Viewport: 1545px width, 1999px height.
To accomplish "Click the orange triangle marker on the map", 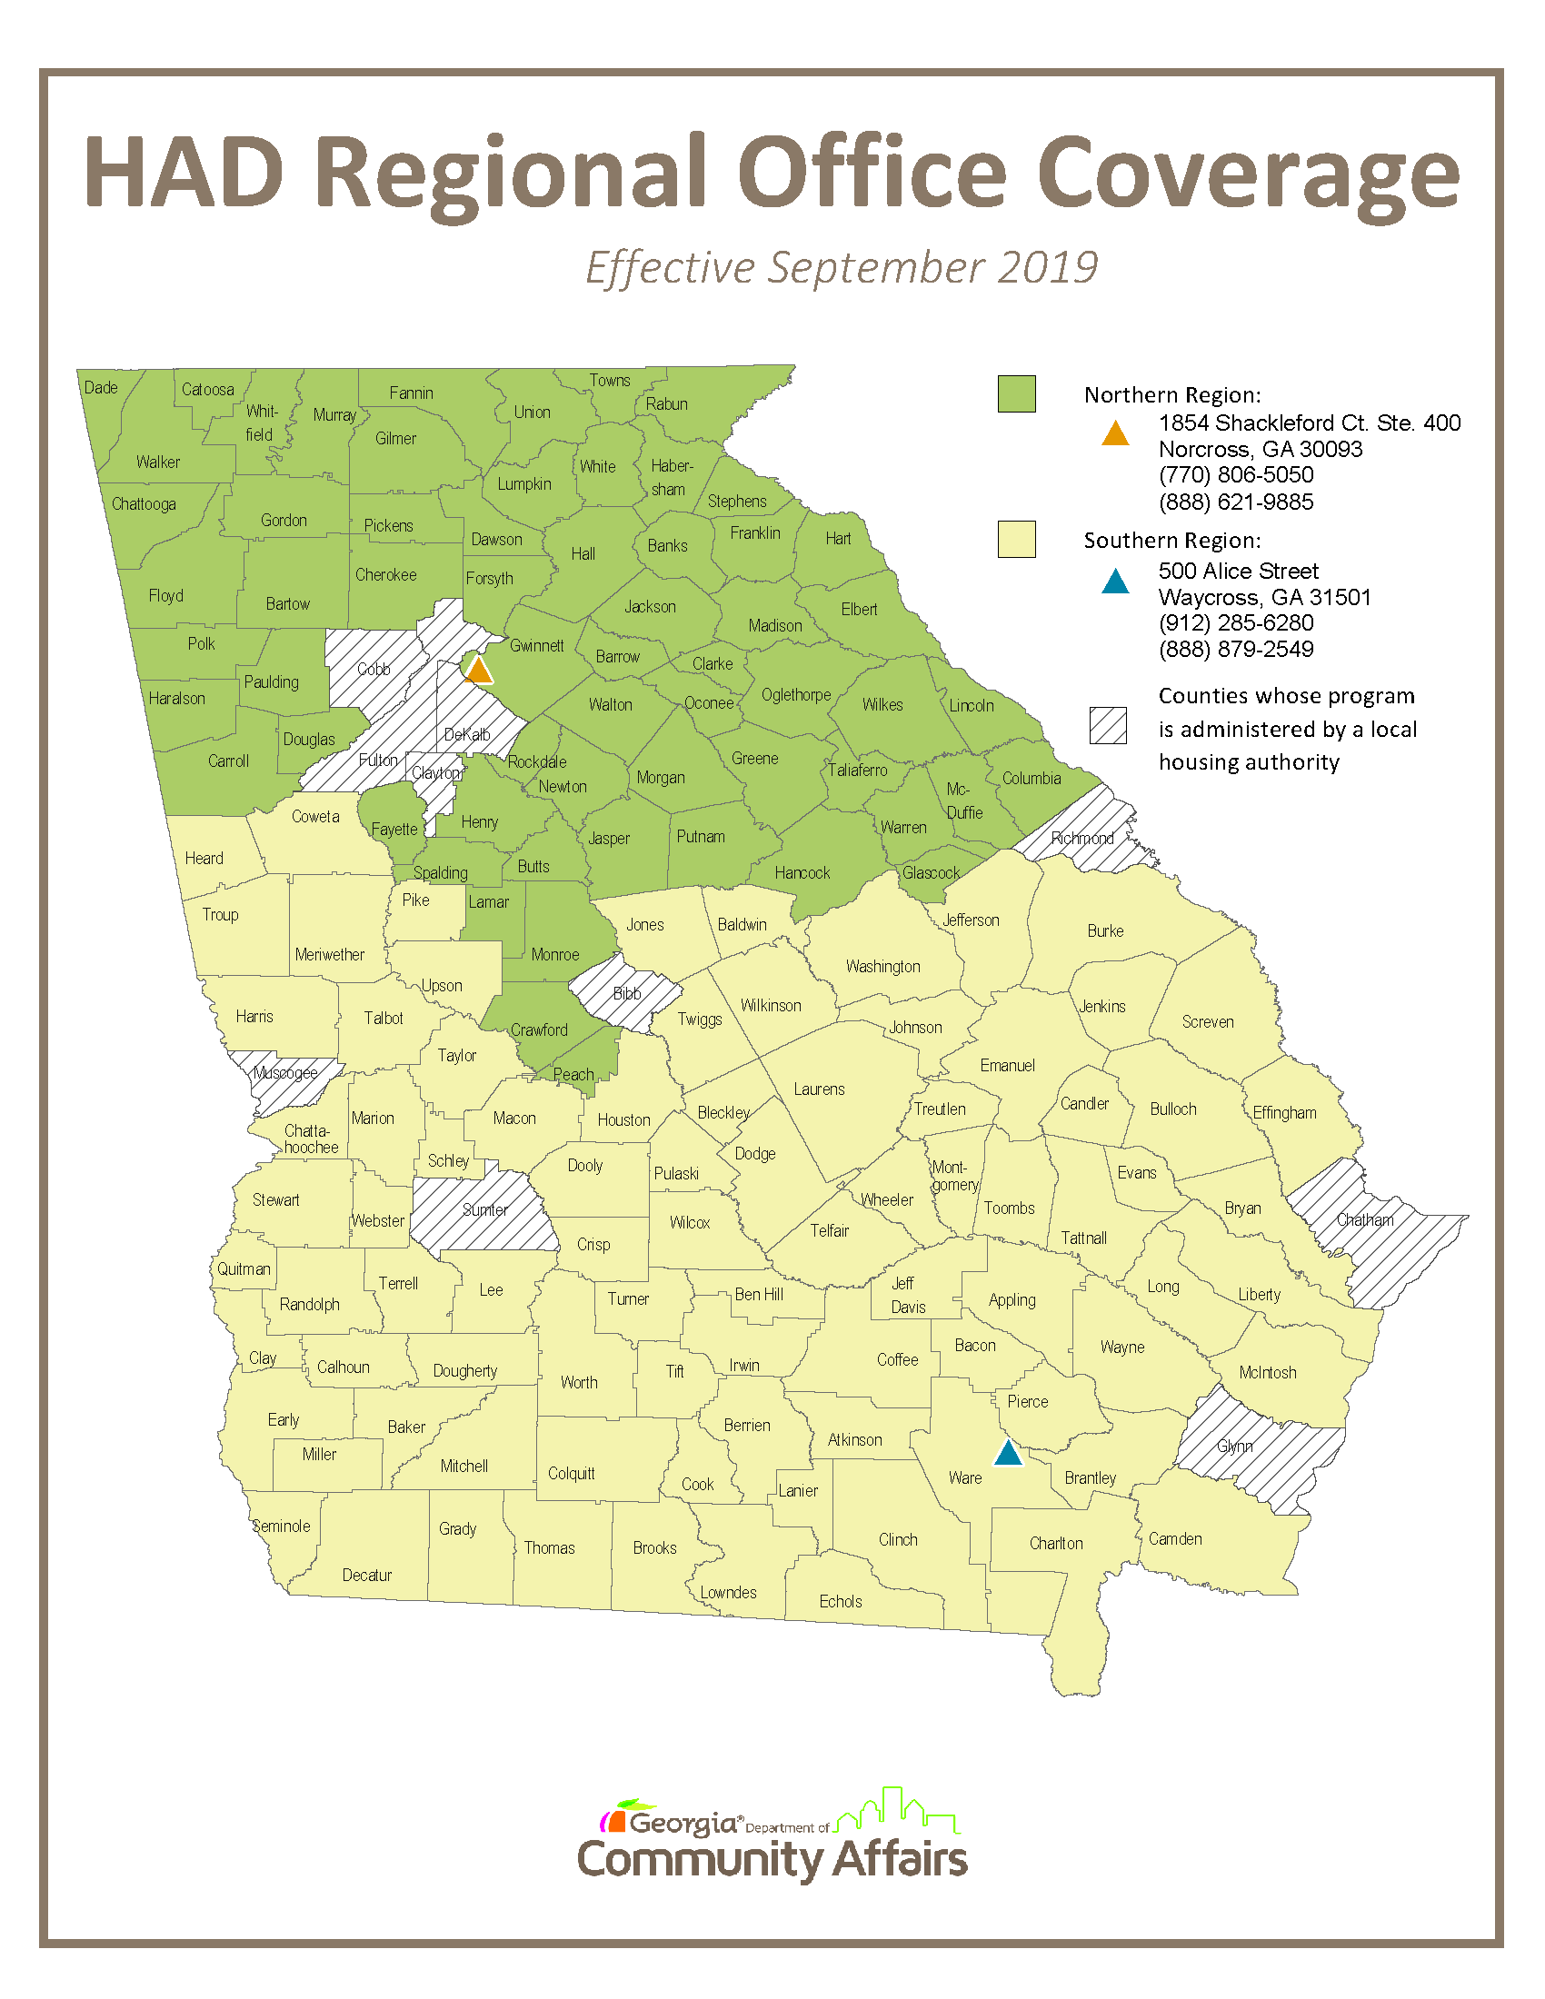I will tap(479, 670).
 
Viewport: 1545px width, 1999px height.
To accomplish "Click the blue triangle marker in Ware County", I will tap(1008, 1454).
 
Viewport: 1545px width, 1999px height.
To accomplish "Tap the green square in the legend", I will tap(1016, 393).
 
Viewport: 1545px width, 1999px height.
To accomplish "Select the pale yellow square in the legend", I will tap(1016, 539).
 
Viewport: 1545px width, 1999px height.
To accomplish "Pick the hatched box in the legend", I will tap(1108, 726).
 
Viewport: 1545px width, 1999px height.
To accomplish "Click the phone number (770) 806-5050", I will tap(1236, 475).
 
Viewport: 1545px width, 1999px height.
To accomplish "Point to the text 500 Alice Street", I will tap(1238, 572).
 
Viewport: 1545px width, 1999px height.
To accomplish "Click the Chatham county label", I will tap(1365, 1220).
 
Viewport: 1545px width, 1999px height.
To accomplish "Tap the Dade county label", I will tap(101, 387).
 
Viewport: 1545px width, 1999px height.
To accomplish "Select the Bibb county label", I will tap(627, 993).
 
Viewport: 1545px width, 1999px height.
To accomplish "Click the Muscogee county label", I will tap(285, 1073).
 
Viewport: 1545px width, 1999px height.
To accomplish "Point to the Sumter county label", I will tap(484, 1210).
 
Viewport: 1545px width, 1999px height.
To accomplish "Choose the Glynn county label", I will tap(1235, 1447).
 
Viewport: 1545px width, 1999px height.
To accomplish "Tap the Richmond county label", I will tap(1081, 839).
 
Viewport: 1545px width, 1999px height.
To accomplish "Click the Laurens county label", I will tap(819, 1089).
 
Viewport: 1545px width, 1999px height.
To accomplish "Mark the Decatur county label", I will tap(366, 1576).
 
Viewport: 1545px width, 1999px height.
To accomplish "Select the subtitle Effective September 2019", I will tap(842, 268).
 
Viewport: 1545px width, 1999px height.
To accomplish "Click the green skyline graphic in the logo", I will tap(897, 1810).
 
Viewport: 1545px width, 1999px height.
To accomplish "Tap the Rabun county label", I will tap(666, 403).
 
